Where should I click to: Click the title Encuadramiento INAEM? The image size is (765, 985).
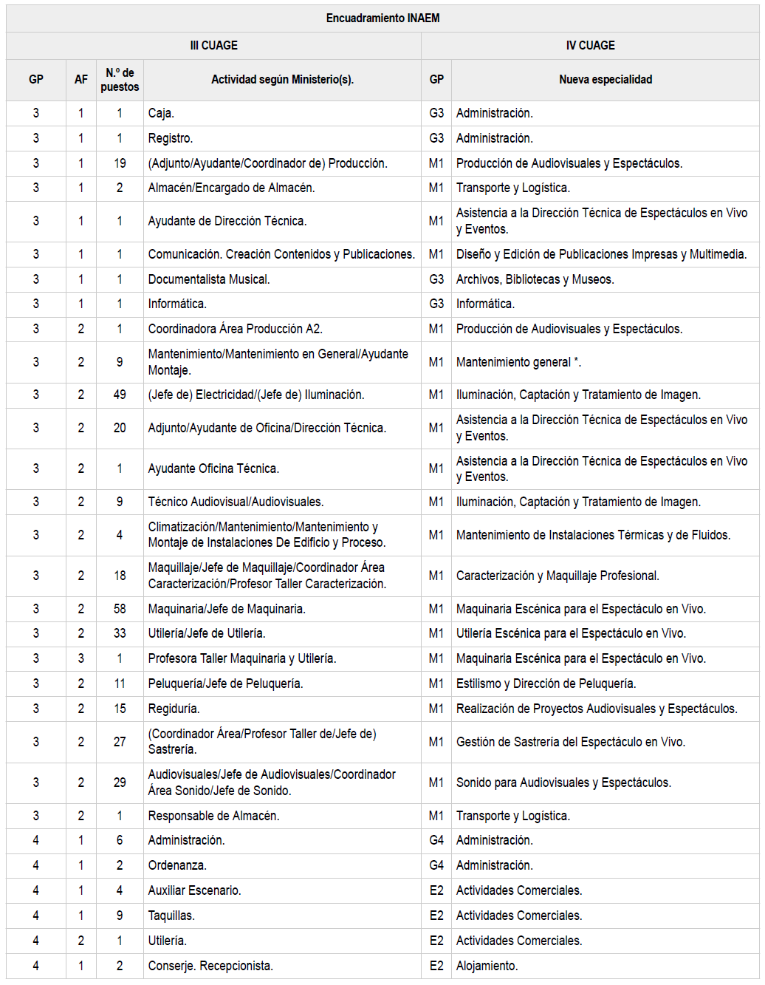[382, 18]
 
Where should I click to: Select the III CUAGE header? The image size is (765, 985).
[213, 45]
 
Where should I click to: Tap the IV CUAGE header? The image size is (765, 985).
[590, 45]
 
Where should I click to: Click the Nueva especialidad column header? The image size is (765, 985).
[606, 79]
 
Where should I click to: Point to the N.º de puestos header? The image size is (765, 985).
[120, 80]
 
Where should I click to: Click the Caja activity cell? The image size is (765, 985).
[161, 113]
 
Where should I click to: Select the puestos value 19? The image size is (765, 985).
[120, 163]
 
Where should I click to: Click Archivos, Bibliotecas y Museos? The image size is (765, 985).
[535, 279]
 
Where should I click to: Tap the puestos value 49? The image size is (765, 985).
[120, 395]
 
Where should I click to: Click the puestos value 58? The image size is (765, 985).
[120, 609]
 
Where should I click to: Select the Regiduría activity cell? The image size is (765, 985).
[174, 709]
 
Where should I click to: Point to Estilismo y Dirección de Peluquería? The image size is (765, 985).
[546, 684]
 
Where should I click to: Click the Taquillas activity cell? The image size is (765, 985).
[171, 916]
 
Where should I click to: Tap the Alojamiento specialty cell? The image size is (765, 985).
[487, 966]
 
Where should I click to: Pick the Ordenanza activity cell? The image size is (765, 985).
[177, 865]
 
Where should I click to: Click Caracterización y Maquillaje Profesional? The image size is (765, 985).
[558, 576]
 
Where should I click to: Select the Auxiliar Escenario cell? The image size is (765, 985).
[194, 890]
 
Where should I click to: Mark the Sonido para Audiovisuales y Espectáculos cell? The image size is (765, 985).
[563, 783]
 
